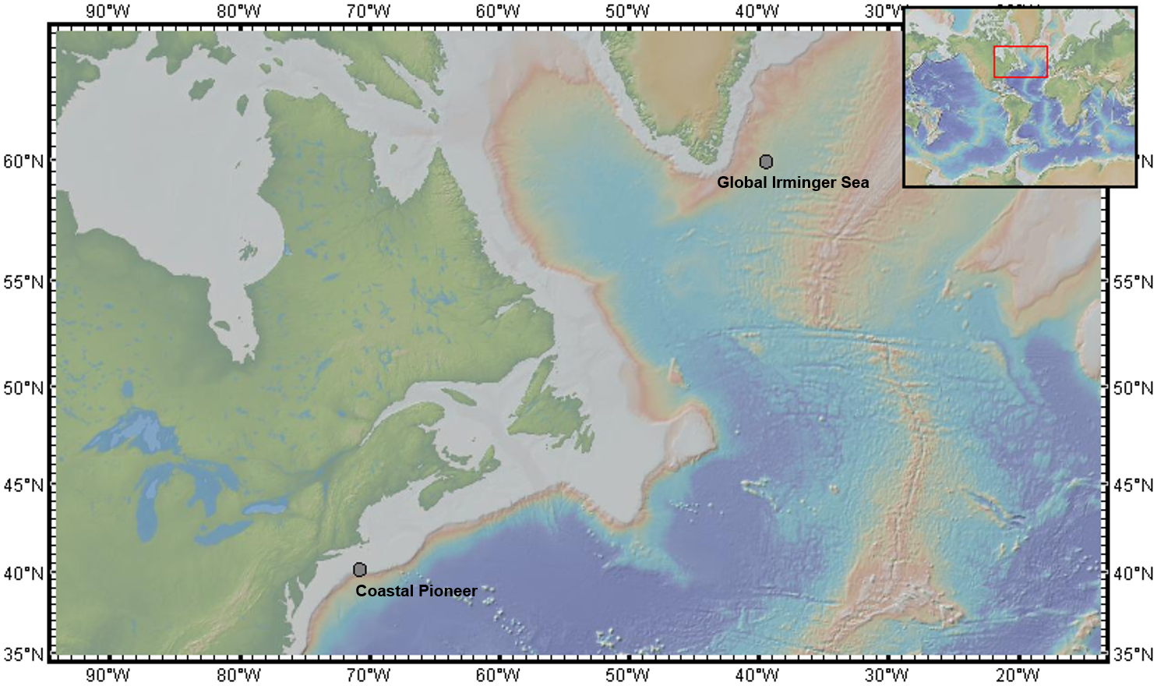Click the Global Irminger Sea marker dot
coord(766,162)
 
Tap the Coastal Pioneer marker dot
coord(359,570)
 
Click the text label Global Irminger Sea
coord(792,182)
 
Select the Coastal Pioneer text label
coord(416,591)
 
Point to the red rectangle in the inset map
coord(1020,62)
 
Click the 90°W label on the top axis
coord(108,11)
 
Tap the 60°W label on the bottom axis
coord(497,674)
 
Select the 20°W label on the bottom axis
coord(1017,674)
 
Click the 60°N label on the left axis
coord(23,161)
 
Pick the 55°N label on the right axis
coord(1133,281)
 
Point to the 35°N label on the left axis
coord(23,654)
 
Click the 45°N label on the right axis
coord(1133,485)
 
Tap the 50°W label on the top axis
coord(627,11)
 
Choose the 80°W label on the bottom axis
coord(238,674)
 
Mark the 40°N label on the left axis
coord(23,573)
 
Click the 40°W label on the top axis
coord(757,11)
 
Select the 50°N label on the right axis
coord(1133,387)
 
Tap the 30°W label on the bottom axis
coord(887,674)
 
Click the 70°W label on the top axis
coord(368,11)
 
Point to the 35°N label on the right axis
coord(1133,654)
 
